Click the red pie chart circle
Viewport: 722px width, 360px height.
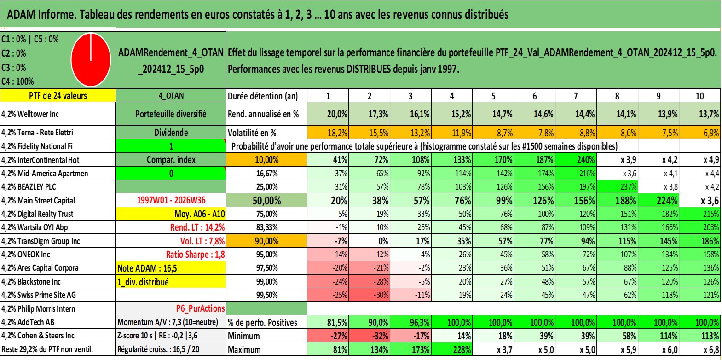tap(91, 60)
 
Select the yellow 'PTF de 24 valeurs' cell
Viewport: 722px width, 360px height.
tap(58, 95)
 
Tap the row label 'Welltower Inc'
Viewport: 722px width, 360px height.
tap(38, 114)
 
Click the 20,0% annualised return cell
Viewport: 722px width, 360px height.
tap(328, 114)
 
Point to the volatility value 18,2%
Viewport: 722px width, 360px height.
tap(328, 133)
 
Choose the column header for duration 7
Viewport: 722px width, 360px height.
tap(576, 96)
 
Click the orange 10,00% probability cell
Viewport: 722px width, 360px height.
tap(267, 160)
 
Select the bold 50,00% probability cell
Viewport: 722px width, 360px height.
tap(267, 201)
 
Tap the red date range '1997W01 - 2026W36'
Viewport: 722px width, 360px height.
tap(171, 200)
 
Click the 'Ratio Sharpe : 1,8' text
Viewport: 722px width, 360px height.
tap(195, 255)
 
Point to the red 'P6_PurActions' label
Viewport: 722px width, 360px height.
tap(200, 308)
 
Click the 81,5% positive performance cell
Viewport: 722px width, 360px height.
tap(328, 322)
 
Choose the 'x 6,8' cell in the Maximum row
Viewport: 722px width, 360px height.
tap(700, 350)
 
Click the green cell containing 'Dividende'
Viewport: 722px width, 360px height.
tap(171, 132)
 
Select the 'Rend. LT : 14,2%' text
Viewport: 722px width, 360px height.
tap(197, 227)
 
